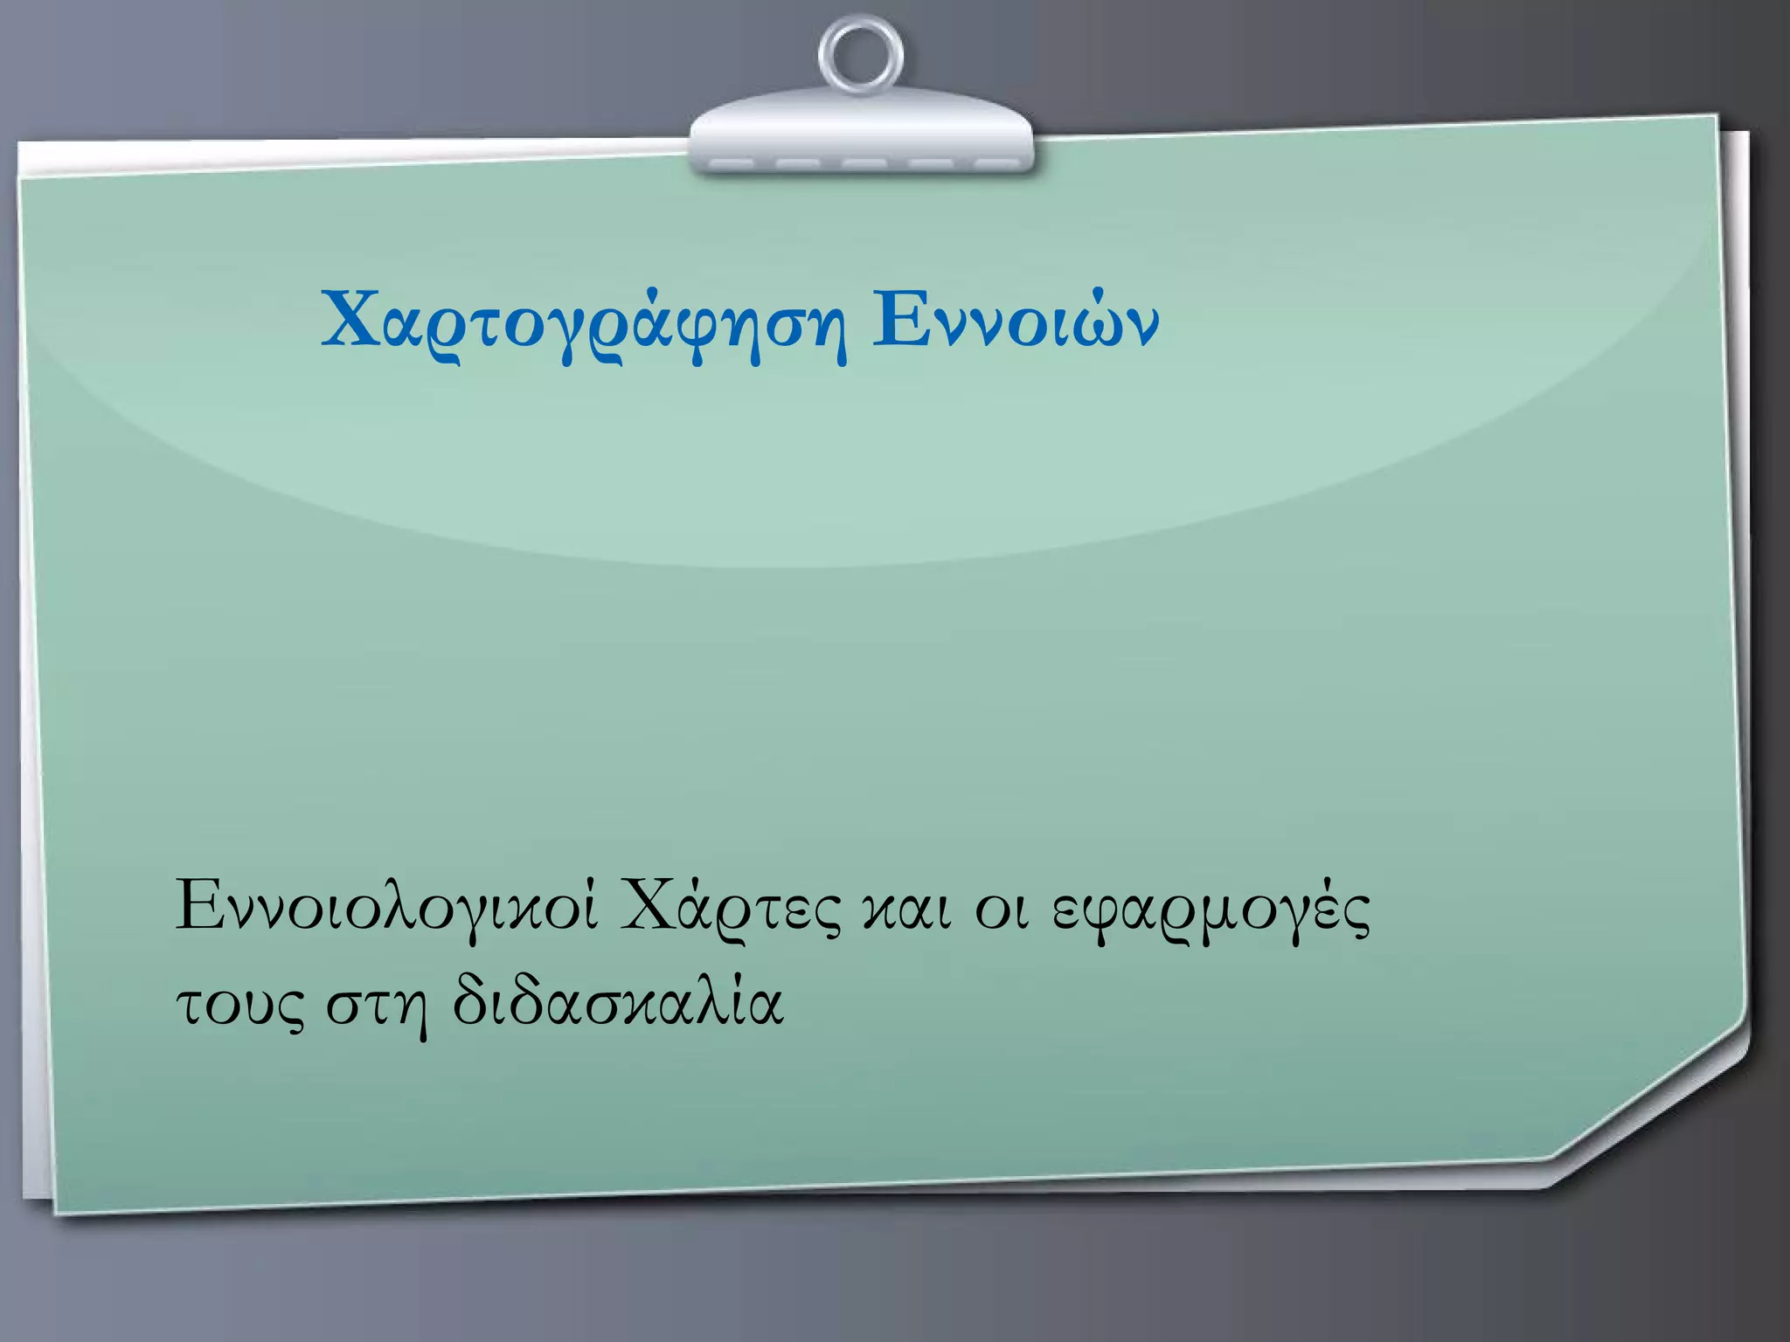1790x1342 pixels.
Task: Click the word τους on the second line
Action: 240,1005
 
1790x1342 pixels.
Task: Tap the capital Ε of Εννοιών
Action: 896,318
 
